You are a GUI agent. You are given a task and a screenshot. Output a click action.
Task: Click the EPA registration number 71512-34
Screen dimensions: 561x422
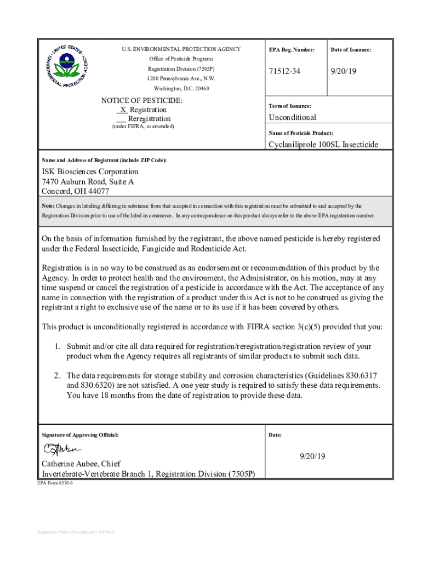pyautogui.click(x=284, y=72)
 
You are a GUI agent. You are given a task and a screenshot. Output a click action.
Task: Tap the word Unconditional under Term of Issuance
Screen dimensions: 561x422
pyautogui.click(x=292, y=117)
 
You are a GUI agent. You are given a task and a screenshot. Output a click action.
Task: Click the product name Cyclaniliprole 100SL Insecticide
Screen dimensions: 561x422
pyautogui.click(x=323, y=145)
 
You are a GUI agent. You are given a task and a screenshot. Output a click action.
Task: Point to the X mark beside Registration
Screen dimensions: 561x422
pyautogui.click(x=123, y=110)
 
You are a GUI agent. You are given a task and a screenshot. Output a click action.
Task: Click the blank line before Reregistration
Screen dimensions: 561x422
pyautogui.click(x=121, y=119)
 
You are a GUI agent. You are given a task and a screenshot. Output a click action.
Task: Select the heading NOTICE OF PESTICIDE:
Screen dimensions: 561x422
pyautogui.click(x=142, y=101)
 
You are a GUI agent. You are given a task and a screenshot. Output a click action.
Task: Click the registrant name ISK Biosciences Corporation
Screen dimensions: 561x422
pyautogui.click(x=90, y=171)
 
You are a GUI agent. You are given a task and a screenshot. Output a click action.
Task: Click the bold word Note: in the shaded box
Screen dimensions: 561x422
pyautogui.click(x=48, y=206)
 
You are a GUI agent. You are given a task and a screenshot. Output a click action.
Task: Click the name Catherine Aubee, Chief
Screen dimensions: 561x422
pyautogui.click(x=81, y=463)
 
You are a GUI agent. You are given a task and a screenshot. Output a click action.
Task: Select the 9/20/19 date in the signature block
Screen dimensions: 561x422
pyautogui.click(x=312, y=456)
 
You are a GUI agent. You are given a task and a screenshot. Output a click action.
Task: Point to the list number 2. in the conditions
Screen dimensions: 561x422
pyautogui.click(x=57, y=375)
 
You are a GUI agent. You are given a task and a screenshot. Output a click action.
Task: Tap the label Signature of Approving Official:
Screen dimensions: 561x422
pyautogui.click(x=80, y=434)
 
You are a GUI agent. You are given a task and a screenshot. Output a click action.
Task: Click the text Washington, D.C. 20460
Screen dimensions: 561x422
pyautogui.click(x=181, y=88)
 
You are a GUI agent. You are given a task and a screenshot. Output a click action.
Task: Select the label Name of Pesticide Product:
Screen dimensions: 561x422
pyautogui.click(x=300, y=133)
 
